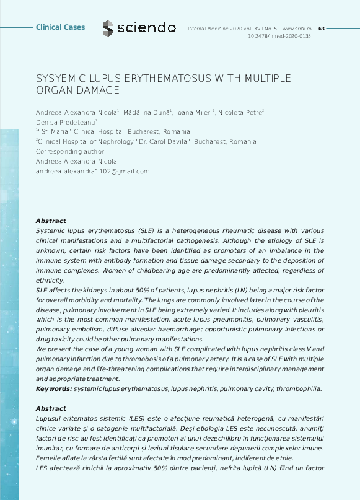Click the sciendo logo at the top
pyautogui.click(x=139, y=28)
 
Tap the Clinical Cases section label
pyautogui.click(x=60, y=28)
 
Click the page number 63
pyautogui.click(x=321, y=29)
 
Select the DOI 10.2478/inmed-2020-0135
pyautogui.click(x=279, y=37)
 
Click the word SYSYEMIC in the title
pyautogui.click(x=63, y=79)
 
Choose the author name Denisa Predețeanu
pyautogui.click(x=64, y=122)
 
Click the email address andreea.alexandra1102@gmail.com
pyautogui.click(x=93, y=171)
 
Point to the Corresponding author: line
pyautogui.click(x=71, y=151)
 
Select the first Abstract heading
pyautogui.click(x=51, y=221)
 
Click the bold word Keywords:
pyautogui.click(x=54, y=388)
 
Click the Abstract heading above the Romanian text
pyautogui.click(x=51, y=409)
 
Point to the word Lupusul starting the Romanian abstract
pyautogui.click(x=51, y=419)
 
